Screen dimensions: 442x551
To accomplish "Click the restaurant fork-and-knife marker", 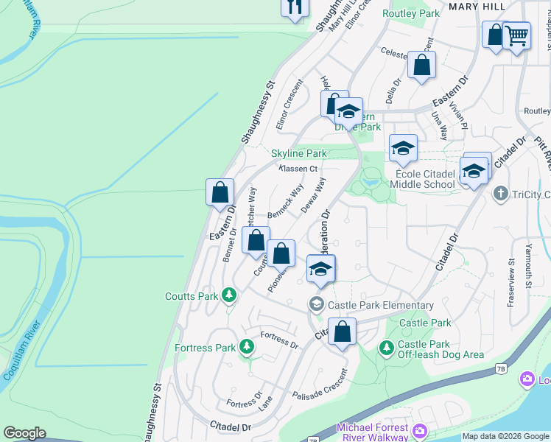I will click(294, 7).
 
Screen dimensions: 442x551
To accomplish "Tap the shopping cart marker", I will click(516, 35).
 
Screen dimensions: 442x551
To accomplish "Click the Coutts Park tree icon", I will click(229, 295).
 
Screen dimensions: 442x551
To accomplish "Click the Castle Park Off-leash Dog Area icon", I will click(386, 346).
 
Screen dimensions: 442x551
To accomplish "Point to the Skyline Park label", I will click(298, 153).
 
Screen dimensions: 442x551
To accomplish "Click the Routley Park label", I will click(411, 13).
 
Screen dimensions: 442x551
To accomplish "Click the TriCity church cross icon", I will click(501, 194).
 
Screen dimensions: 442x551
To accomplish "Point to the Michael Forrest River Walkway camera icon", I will click(420, 430).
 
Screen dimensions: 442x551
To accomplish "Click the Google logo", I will click(24, 433).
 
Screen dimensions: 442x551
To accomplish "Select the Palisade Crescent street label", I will click(320, 395).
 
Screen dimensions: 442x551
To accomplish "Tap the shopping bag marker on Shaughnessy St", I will click(220, 193).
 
